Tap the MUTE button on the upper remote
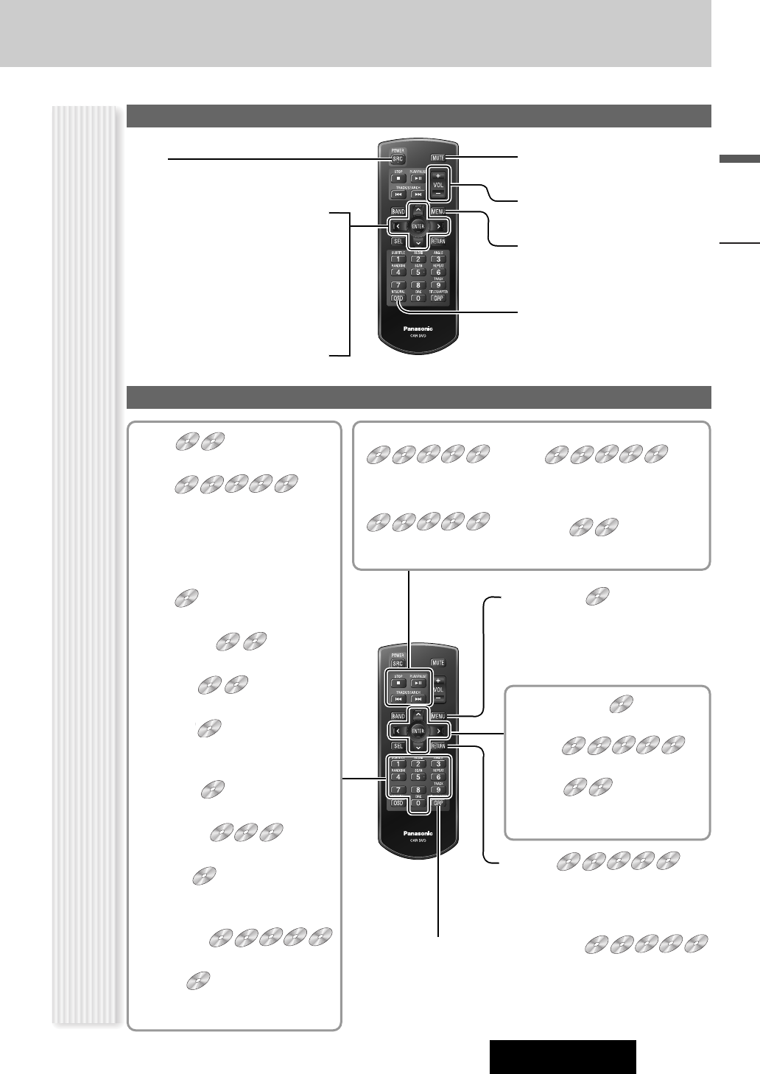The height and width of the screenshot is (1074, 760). click(438, 158)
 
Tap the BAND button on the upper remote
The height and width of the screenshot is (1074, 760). click(398, 212)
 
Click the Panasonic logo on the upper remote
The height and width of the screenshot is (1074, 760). click(418, 328)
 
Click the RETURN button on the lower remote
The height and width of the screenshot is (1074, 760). click(438, 746)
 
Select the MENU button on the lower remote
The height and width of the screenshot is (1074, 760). click(439, 717)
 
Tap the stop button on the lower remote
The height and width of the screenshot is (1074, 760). click(398, 683)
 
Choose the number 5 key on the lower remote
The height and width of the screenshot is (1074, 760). click(418, 776)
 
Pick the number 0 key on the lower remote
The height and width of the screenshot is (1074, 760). click(418, 803)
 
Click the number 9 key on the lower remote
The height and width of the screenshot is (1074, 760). click(438, 790)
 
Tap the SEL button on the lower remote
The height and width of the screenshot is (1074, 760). click(398, 746)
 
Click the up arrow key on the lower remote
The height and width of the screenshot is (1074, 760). click(418, 714)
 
